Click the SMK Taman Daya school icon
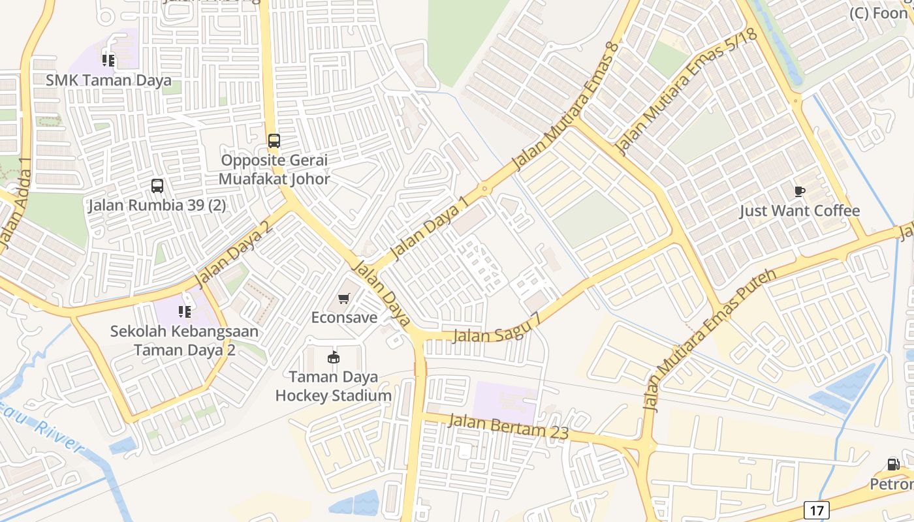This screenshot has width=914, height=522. [x=108, y=61]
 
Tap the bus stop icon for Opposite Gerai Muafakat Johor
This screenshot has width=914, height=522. [x=274, y=140]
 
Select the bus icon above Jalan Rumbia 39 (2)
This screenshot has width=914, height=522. [x=157, y=186]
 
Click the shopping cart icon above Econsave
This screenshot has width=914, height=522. [x=344, y=299]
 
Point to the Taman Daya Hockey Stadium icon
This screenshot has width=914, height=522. [x=334, y=357]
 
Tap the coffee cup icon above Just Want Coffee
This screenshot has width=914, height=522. [x=800, y=191]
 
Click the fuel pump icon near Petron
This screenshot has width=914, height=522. [x=893, y=465]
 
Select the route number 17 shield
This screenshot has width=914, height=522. [x=816, y=510]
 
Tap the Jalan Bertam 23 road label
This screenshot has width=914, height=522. [x=509, y=426]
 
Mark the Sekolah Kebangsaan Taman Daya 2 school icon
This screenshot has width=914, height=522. [x=185, y=312]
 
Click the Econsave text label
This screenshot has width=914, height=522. [x=344, y=318]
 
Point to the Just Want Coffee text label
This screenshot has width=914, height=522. [x=800, y=211]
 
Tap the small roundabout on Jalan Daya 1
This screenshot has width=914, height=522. [x=484, y=189]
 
